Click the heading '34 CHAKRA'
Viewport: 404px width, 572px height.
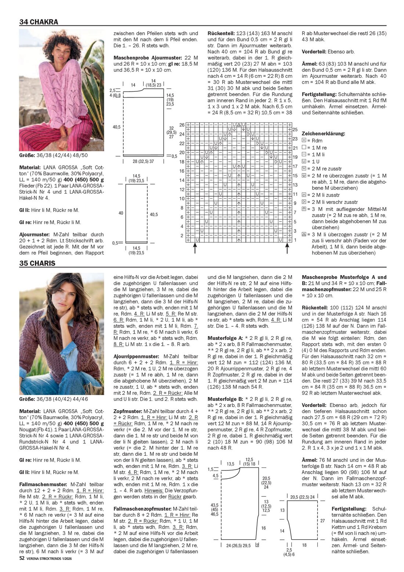pyautogui.click(x=39, y=22)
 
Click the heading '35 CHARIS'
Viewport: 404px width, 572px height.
pyautogui.click(x=37, y=263)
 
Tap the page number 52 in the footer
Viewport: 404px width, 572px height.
pyautogui.click(x=22, y=558)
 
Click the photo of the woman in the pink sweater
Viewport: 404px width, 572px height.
pyautogui.click(x=61, y=90)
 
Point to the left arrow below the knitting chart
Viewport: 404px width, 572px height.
pyautogui.click(x=195, y=248)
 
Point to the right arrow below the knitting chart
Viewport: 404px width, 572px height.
pyautogui.click(x=287, y=248)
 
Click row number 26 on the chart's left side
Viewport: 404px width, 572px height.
pyautogui.click(x=182, y=125)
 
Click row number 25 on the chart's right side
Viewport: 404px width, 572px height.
pyautogui.click(x=295, y=130)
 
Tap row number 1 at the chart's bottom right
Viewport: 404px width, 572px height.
pyautogui.click(x=295, y=240)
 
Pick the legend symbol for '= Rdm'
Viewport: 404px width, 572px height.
pyautogui.click(x=304, y=140)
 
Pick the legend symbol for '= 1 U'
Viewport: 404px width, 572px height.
pyautogui.click(x=304, y=161)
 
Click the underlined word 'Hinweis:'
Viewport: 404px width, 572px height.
pyautogui.click(x=154, y=491)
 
